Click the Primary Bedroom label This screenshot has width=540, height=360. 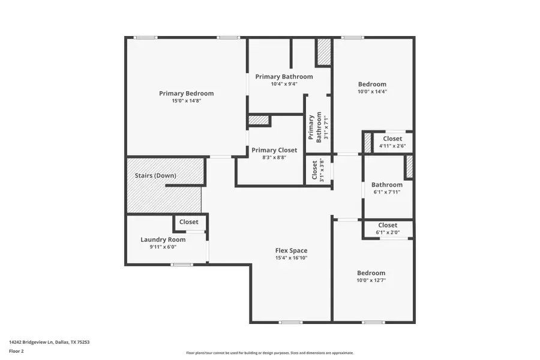186,93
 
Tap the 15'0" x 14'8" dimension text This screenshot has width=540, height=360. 186,101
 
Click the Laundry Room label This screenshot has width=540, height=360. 159,239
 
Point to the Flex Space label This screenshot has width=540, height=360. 291,250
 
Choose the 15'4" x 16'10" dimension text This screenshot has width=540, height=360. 291,258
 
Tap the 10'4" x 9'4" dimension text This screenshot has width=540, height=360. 284,84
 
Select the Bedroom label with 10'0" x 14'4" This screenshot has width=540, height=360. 372,84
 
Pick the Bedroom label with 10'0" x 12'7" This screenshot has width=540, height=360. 371,272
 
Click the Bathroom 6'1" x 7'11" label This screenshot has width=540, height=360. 386,185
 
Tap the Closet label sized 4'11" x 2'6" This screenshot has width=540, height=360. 392,139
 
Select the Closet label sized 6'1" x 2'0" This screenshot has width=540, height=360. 387,225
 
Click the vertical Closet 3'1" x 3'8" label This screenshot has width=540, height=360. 315,170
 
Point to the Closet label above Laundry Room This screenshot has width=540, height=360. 188,222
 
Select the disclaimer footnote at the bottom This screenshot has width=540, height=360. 269,353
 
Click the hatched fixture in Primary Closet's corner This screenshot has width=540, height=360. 258,120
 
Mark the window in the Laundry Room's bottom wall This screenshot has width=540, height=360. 182,265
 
